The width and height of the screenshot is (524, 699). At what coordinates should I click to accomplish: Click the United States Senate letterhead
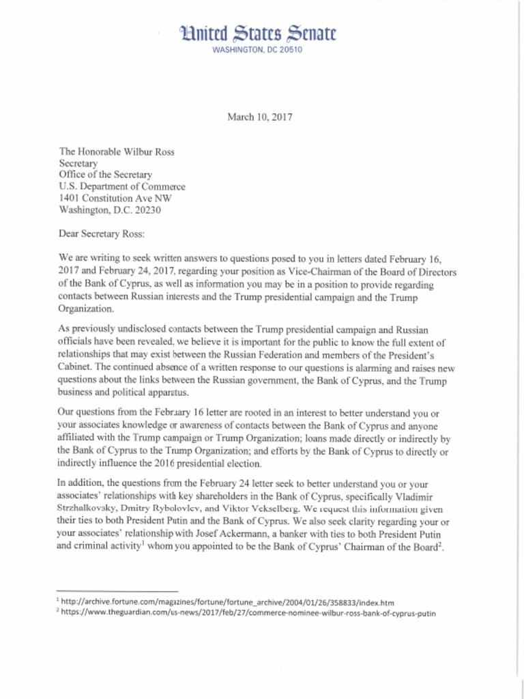coord(257,33)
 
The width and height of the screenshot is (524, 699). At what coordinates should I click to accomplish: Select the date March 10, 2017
coord(260,117)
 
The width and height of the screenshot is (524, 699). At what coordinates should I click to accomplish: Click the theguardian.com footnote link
coord(248,613)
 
